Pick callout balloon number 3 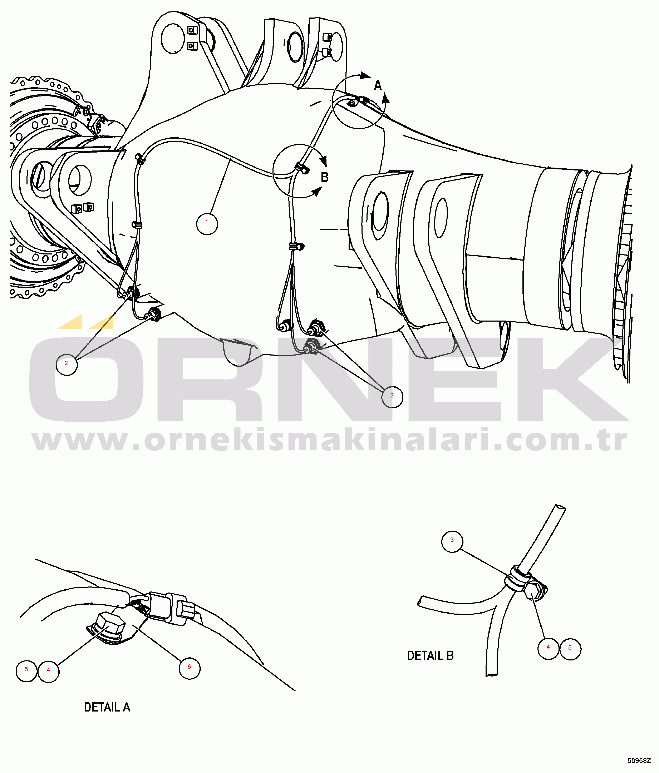tap(452, 541)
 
